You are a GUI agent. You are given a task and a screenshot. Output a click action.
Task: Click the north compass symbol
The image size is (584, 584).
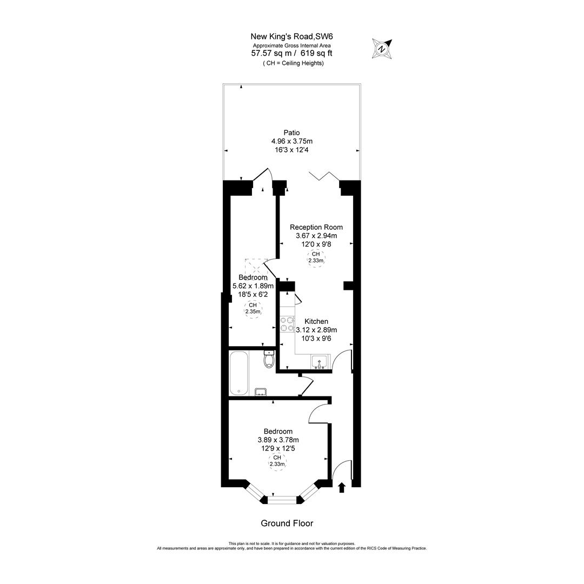pyautogui.click(x=382, y=49)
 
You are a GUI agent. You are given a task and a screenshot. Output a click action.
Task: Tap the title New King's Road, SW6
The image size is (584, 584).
pyautogui.click(x=292, y=37)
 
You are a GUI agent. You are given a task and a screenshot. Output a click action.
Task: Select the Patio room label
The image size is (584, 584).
pyautogui.click(x=291, y=132)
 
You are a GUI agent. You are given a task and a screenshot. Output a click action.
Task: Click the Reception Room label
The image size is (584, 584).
pyautogui.click(x=316, y=227)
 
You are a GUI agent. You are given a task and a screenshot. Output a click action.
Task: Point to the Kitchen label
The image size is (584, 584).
pyautogui.click(x=316, y=321)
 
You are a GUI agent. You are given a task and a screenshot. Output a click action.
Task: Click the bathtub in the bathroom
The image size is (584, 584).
pyautogui.click(x=238, y=373)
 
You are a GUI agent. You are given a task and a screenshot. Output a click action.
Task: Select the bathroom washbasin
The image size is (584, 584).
pyautogui.click(x=261, y=391)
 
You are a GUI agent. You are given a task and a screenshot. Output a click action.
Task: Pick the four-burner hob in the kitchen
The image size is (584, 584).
pyautogui.click(x=287, y=324)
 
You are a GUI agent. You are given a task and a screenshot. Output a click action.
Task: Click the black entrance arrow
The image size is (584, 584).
pyautogui.click(x=341, y=487)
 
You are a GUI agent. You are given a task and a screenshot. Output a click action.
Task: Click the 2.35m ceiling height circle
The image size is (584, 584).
pyautogui.click(x=253, y=309)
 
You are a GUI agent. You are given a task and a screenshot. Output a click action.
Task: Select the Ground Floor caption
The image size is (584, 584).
pyautogui.click(x=287, y=523)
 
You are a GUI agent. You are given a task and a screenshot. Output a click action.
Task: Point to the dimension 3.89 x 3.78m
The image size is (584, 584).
pyautogui.click(x=278, y=440)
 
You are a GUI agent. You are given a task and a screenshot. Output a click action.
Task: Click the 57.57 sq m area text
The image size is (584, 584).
pyautogui.click(x=273, y=54)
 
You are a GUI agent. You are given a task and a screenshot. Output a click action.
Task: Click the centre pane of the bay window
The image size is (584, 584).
pyautogui.click(x=283, y=499)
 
